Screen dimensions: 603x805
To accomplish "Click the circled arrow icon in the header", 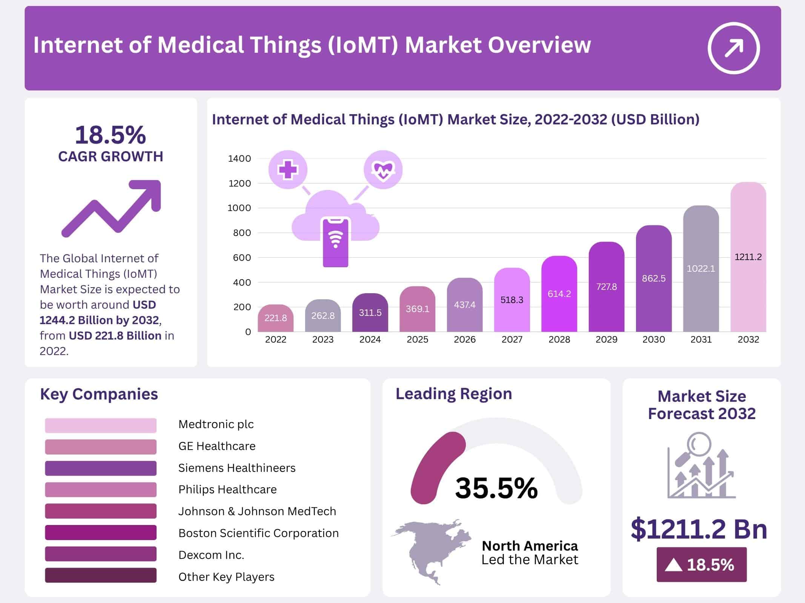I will coord(733,48).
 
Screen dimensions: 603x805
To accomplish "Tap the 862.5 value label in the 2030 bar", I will coord(654,279).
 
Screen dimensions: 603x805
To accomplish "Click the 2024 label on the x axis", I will coord(370,340).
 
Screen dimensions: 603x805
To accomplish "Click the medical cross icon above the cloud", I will coord(288,170).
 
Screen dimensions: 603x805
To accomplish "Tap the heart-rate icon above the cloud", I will coord(383,170).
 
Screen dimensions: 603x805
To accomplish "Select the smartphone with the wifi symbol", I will coord(335,242).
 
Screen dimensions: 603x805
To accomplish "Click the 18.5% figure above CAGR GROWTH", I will coord(110,135).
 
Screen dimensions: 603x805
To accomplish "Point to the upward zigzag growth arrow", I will coord(112,208).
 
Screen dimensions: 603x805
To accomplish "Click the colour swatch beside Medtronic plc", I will coord(100,425).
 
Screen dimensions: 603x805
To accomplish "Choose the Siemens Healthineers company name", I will coord(237,468).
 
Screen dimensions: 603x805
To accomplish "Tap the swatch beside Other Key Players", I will coord(100,575).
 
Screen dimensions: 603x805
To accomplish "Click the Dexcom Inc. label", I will coord(211,555).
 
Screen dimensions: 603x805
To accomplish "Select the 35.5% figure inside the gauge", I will coord(496,488).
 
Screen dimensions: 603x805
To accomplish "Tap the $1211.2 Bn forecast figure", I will coord(699,529).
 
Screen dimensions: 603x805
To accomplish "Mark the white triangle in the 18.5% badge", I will coord(673,565).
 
